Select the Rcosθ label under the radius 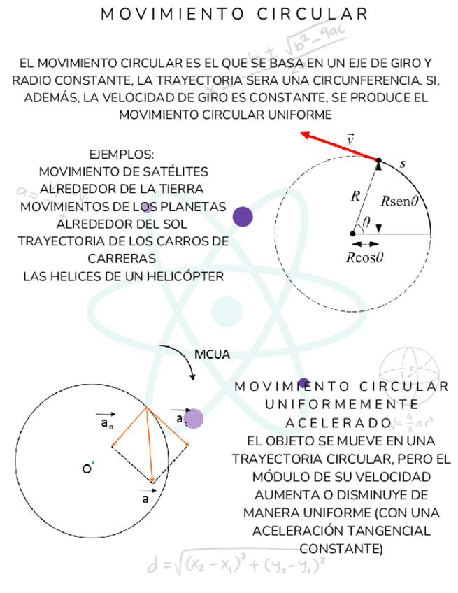pyautogui.click(x=366, y=256)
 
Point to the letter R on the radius pyautogui.click(x=355, y=197)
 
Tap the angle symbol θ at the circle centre pyautogui.click(x=366, y=223)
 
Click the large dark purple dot pyautogui.click(x=242, y=216)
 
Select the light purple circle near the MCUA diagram pyautogui.click(x=193, y=419)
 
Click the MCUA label pyautogui.click(x=213, y=355)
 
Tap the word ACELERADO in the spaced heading pyautogui.click(x=338, y=423)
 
